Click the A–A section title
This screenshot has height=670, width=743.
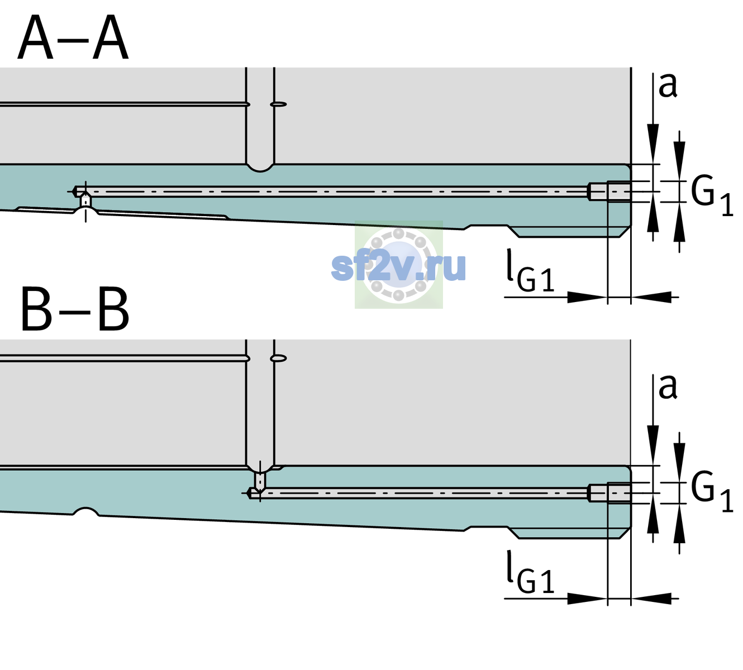(x=73, y=37)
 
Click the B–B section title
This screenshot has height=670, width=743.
(x=75, y=309)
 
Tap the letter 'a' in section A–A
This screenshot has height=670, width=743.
(x=668, y=85)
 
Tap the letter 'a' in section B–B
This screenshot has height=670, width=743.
(x=668, y=387)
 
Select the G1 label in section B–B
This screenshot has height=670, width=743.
(x=712, y=492)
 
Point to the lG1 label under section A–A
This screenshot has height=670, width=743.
(x=530, y=271)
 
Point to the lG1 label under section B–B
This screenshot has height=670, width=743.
(x=530, y=572)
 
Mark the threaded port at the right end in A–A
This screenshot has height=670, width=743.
(x=609, y=192)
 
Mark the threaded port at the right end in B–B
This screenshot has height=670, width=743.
(x=609, y=493)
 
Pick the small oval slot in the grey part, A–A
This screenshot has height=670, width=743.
(x=278, y=104)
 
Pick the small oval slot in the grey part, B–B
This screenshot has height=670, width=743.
(x=278, y=358)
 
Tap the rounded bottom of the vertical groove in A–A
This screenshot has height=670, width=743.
(x=260, y=168)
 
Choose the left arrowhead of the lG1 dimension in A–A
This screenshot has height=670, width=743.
(x=588, y=297)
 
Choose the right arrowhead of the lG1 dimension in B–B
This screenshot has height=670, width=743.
(x=651, y=599)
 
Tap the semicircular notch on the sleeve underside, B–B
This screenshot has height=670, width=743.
(x=85, y=511)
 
